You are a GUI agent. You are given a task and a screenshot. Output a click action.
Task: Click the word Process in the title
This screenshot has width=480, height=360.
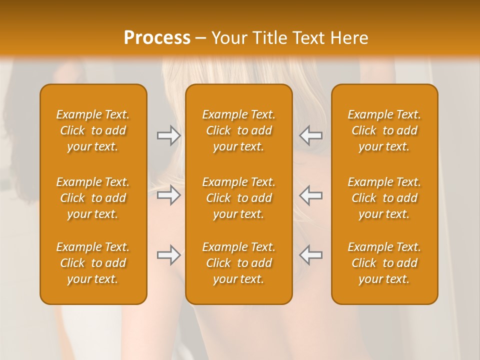[x=157, y=38]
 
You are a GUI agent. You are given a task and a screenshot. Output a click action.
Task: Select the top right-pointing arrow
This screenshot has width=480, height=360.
[x=168, y=135]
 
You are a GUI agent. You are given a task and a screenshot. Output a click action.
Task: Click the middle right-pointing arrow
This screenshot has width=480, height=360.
[x=168, y=195]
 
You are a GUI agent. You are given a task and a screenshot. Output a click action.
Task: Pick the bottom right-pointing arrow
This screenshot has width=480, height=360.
[x=168, y=255]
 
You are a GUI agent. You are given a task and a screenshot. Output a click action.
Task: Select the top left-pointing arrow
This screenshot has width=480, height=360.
[x=310, y=135]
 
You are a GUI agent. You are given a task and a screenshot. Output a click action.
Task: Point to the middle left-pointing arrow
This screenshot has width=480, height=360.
[x=310, y=195]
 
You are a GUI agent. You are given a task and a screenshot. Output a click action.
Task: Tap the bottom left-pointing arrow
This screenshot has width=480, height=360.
[x=310, y=255]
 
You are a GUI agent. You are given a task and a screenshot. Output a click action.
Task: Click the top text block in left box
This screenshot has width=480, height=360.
[x=93, y=130]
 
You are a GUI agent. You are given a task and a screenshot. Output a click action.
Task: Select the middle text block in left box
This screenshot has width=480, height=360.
[x=93, y=198]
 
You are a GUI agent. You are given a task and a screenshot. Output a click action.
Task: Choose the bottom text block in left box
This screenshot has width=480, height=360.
[x=93, y=263]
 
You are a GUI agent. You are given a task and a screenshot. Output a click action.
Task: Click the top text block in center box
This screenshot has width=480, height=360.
[x=238, y=130]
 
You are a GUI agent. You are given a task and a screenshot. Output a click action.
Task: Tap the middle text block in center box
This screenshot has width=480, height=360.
[x=238, y=198]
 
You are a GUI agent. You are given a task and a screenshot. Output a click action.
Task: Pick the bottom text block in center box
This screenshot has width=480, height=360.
[x=238, y=263]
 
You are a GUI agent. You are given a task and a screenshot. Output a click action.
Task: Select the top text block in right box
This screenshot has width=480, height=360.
[x=384, y=130]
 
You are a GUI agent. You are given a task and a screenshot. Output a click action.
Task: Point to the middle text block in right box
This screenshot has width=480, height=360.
[x=384, y=198]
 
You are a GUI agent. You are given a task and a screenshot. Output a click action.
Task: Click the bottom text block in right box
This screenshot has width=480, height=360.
[x=384, y=263]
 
